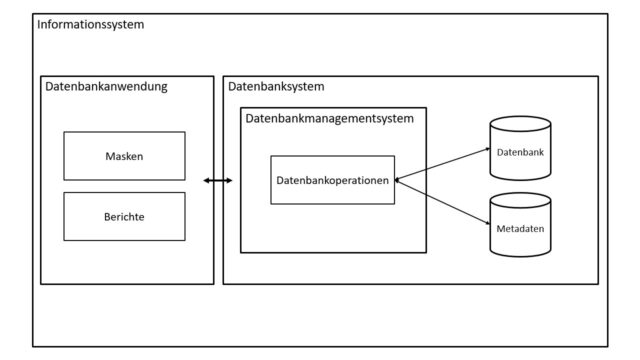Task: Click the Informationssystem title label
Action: tap(90, 23)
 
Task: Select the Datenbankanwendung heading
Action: tap(106, 87)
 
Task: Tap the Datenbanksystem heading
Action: tap(276, 87)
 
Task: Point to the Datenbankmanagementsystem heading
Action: tap(329, 118)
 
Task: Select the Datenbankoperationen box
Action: tap(332, 180)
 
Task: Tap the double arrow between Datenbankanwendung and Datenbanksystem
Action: tap(217, 180)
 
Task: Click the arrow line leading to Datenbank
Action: tap(445, 164)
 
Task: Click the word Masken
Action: tap(124, 156)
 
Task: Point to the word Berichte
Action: tap(124, 216)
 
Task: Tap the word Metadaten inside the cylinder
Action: tap(520, 229)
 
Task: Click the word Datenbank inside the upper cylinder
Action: tap(520, 151)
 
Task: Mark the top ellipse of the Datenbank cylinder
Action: tap(520, 124)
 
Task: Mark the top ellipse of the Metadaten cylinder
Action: tap(520, 199)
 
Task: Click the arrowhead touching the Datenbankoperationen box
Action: tap(399, 180)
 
